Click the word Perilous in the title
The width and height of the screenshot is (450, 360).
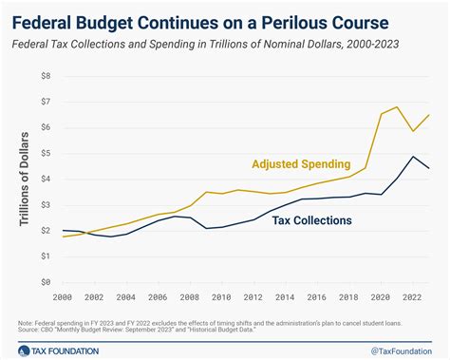[325, 18]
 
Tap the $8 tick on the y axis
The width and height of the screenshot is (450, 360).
[45, 75]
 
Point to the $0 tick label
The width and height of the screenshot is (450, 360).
[45, 282]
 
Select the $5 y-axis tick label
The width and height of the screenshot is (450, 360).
[45, 153]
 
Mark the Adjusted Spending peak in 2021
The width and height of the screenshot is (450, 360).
[396, 106]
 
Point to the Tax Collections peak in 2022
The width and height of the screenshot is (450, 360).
[413, 157]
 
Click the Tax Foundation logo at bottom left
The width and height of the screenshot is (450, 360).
[55, 348]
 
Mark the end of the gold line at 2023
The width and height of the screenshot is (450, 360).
[429, 115]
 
